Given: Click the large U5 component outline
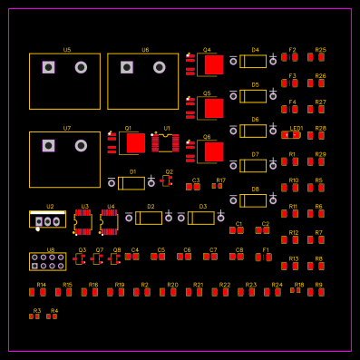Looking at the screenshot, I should pyautogui.click(x=64, y=81).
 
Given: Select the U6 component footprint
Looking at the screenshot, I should pyautogui.click(x=142, y=81).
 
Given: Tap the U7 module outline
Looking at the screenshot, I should pyautogui.click(x=64, y=159).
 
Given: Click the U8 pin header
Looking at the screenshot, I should pyautogui.click(x=47, y=262).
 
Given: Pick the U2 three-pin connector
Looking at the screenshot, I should pyautogui.click(x=47, y=219).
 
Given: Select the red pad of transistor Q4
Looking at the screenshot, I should pyautogui.click(x=213, y=65).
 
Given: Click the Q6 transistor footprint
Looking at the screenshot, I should pyautogui.click(x=209, y=151).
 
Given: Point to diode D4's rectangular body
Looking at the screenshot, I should pyautogui.click(x=253, y=62).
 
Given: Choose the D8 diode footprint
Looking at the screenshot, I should pyautogui.click(x=253, y=200).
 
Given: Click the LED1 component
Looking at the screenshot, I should pyautogui.click(x=292, y=135).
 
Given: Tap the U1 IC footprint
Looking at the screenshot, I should pyautogui.click(x=165, y=142).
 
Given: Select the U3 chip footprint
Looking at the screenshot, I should pyautogui.click(x=83, y=222).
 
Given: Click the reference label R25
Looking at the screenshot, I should pyautogui.click(x=320, y=50).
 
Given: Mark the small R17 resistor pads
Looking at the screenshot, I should pyautogui.click(x=218, y=186).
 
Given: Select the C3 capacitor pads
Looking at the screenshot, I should pyautogui.click(x=193, y=187).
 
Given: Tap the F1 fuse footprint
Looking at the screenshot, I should pyautogui.click(x=263, y=257).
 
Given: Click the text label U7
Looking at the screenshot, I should pyautogui.click(x=67, y=128).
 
